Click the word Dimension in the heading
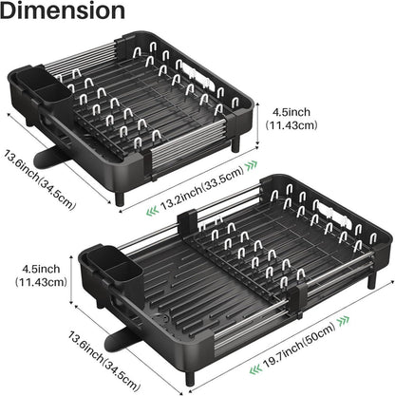pos(63,10)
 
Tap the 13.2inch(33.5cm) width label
pos(202,187)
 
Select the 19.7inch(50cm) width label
pos(299,345)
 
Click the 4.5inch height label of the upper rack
pos(292,119)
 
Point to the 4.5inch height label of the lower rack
pos(41,275)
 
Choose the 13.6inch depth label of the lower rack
pos(103,360)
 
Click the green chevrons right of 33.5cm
pos(252,165)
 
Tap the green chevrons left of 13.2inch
pos(152,211)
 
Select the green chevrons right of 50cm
pos(344,321)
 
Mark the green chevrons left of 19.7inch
pos(255,369)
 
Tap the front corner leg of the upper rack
pos(120,198)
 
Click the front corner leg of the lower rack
pos(190,378)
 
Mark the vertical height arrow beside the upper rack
pos(258,124)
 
